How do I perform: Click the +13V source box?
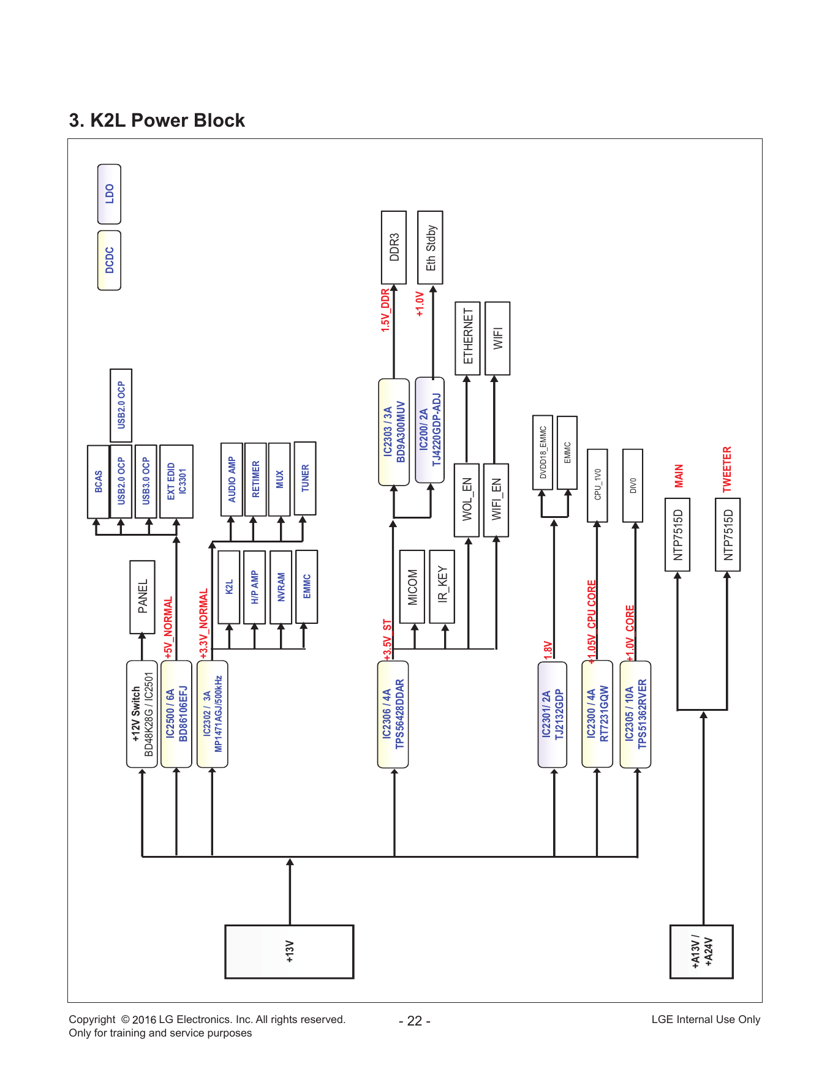click(x=289, y=951)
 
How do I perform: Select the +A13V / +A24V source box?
click(x=701, y=951)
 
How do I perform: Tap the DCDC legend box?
click(x=109, y=260)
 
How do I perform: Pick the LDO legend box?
click(x=109, y=194)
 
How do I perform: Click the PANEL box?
click(x=142, y=597)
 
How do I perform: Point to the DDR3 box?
click(x=394, y=247)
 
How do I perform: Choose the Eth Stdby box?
click(x=430, y=247)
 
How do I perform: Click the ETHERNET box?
click(x=467, y=338)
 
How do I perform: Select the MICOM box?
click(x=412, y=587)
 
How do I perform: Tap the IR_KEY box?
click(x=442, y=587)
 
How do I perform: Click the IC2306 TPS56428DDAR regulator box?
click(x=393, y=714)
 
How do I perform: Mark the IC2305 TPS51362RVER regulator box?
click(x=635, y=714)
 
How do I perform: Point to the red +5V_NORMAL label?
click(x=168, y=628)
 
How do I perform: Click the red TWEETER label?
click(x=727, y=469)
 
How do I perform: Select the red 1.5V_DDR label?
click(x=385, y=310)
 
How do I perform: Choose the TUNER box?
click(x=305, y=478)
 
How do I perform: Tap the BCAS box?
click(x=99, y=482)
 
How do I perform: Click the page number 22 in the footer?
click(x=415, y=1021)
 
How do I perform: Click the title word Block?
click(x=219, y=121)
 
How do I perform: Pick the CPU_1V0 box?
click(x=597, y=486)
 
